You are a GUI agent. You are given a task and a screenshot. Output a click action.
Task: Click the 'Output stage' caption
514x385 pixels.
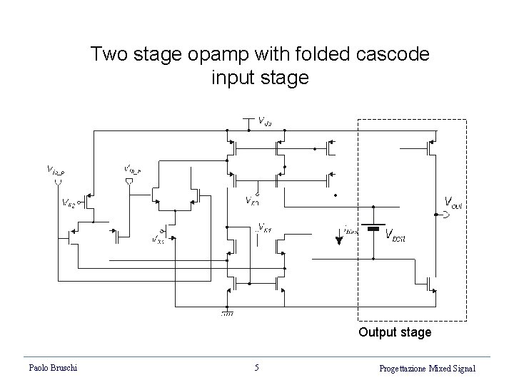395,332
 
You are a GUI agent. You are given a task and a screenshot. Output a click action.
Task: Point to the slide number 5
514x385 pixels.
257,368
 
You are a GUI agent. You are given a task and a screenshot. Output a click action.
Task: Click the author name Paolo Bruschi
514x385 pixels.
54,368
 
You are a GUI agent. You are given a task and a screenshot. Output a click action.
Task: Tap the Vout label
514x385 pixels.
454,202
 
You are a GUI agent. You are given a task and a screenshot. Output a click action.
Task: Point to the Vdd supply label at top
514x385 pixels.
264,121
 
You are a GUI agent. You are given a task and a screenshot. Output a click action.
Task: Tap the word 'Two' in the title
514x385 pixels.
107,54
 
